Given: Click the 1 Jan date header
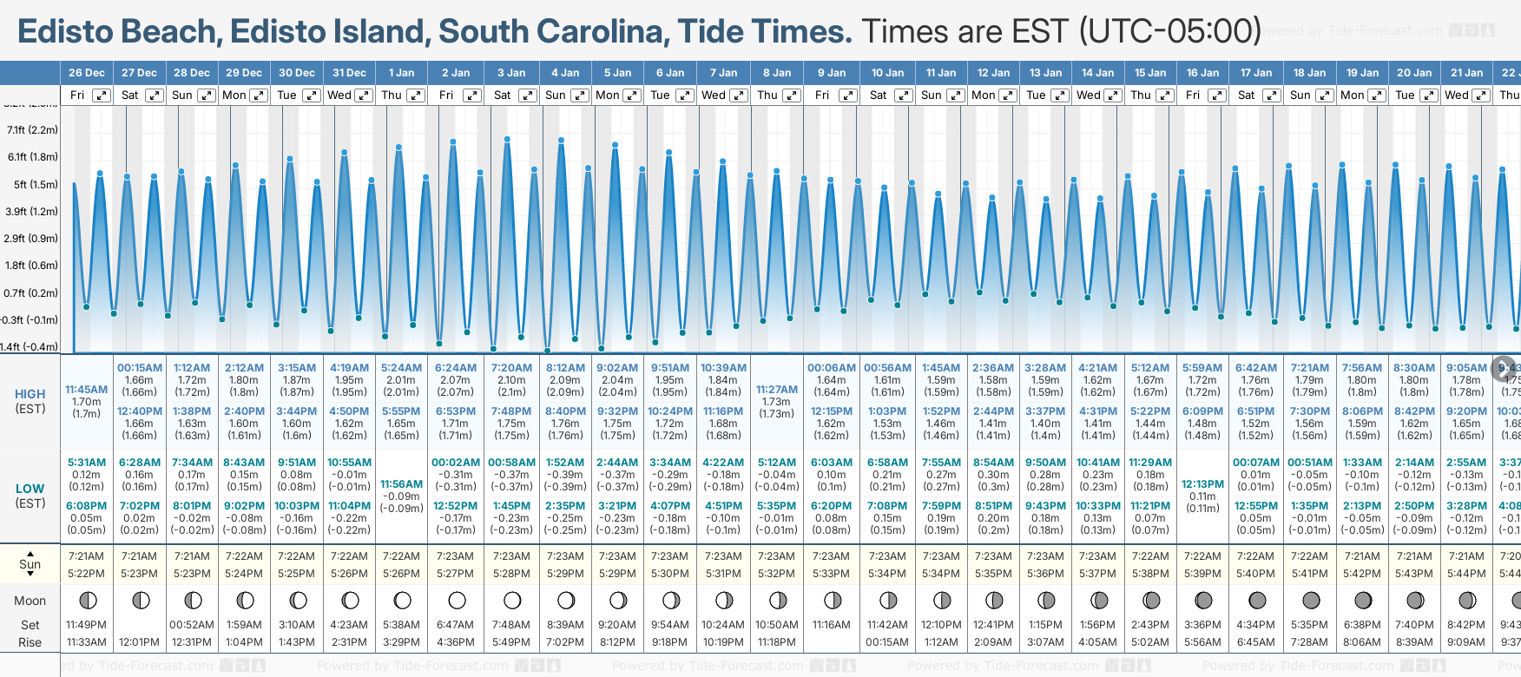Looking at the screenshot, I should point(401,73).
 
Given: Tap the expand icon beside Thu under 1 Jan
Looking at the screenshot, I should point(416,95).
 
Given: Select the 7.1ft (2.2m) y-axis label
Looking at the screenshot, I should point(32,130).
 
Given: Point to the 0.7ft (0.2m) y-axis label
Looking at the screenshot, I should point(31,292).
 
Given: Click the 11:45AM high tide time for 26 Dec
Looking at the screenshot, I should point(87,390).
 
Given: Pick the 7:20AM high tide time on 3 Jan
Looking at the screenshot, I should point(510,368).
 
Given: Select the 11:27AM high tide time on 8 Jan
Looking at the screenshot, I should point(776,390).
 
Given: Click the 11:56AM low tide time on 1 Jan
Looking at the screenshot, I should point(401,484).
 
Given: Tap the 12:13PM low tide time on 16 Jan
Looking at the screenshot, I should point(1202,484).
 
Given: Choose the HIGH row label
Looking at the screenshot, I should point(30,394).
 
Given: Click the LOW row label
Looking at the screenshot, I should point(30,489).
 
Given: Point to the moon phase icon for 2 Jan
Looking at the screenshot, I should point(457,600).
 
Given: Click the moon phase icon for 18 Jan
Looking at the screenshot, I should point(1311,600).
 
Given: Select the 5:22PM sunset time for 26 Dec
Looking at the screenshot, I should point(87,574).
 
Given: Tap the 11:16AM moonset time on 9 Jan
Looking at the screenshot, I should point(831,625).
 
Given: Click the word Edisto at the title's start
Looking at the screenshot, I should point(66,32).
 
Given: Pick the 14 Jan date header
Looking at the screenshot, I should point(1097,73).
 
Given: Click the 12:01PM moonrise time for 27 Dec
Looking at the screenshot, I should point(139,642).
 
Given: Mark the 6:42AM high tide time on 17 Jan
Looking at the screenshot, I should point(1255,368).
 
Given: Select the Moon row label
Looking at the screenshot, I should point(30,601).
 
